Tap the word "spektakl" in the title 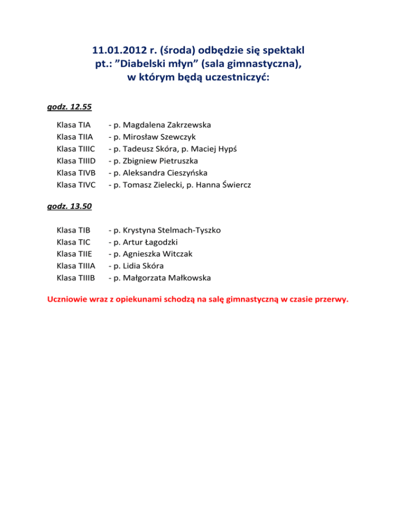[281, 51]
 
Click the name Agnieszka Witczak [158, 254]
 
